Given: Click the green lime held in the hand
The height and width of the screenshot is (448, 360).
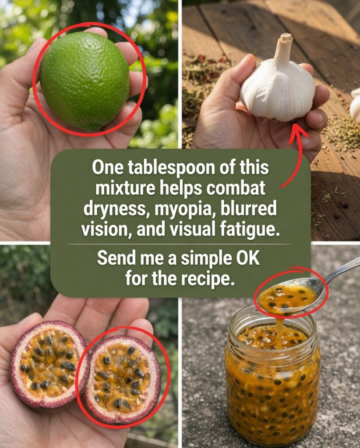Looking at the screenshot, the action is coord(85,81).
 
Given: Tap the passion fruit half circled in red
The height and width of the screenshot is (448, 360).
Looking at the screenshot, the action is coord(122,376).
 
